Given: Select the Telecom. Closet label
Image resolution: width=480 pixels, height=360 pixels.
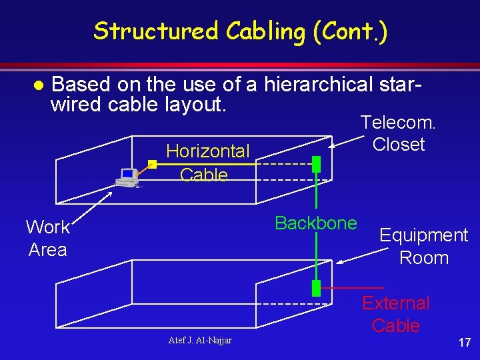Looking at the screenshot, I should click(x=398, y=133).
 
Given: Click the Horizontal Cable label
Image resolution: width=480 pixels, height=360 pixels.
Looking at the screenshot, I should click(x=207, y=163).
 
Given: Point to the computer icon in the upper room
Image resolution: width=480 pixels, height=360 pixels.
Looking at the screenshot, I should click(x=126, y=177).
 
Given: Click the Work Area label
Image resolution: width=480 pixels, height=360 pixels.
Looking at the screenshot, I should click(x=47, y=238).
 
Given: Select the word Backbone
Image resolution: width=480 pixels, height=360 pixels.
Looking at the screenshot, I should click(x=315, y=223).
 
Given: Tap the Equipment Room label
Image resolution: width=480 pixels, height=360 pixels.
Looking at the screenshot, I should click(x=423, y=246).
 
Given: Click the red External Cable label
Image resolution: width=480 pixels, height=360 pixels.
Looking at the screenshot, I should click(x=395, y=314).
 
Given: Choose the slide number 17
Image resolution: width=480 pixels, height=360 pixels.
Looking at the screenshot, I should click(x=464, y=343).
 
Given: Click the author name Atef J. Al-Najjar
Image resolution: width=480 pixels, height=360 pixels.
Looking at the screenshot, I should click(x=201, y=341).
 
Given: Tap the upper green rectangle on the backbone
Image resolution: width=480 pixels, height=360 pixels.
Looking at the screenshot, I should click(x=317, y=163).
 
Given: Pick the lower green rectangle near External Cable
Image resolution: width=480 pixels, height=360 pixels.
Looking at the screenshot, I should click(x=317, y=288).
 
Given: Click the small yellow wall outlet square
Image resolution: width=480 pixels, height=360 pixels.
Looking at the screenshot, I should click(x=152, y=163).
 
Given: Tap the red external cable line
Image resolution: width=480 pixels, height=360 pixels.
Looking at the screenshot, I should click(x=343, y=288).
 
